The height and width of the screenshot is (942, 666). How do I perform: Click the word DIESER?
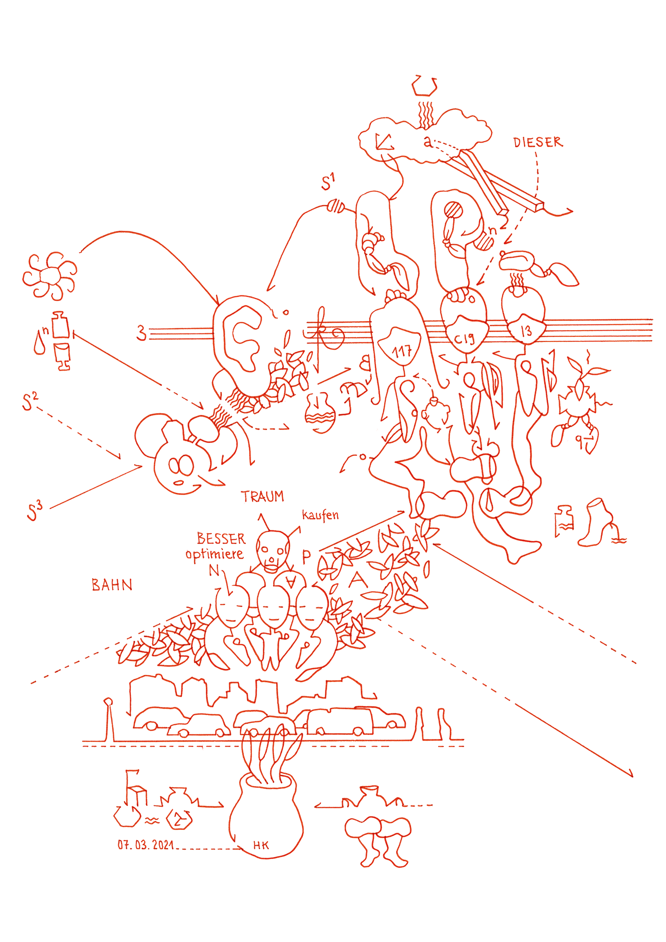click(537, 142)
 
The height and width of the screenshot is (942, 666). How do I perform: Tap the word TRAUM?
click(262, 496)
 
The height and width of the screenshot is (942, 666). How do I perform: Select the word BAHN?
click(112, 585)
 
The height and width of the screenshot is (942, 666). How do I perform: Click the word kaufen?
click(320, 515)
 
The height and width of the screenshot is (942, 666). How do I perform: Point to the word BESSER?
click(221, 538)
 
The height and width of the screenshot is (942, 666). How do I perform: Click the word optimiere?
click(214, 554)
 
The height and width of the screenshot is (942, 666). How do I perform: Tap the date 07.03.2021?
click(146, 845)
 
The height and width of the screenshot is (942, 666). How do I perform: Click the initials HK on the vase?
click(261, 845)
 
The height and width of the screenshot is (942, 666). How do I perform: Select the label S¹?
click(328, 182)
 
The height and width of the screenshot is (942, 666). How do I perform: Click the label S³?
click(34, 512)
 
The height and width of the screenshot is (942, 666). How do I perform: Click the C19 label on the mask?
click(464, 338)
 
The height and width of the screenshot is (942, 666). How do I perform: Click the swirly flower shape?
click(50, 276)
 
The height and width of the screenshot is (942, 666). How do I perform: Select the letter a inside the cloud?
click(427, 141)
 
